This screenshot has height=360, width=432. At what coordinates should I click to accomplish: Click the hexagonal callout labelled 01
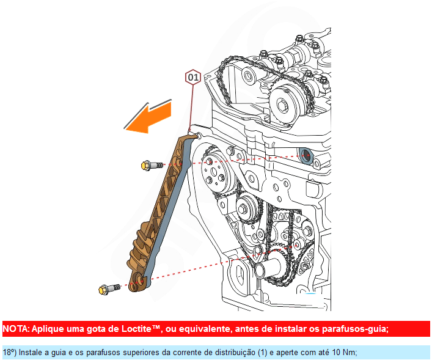(193, 78)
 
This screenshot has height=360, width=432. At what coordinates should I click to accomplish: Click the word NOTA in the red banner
(15, 329)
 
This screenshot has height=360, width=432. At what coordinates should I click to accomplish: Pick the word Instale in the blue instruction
(30, 353)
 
